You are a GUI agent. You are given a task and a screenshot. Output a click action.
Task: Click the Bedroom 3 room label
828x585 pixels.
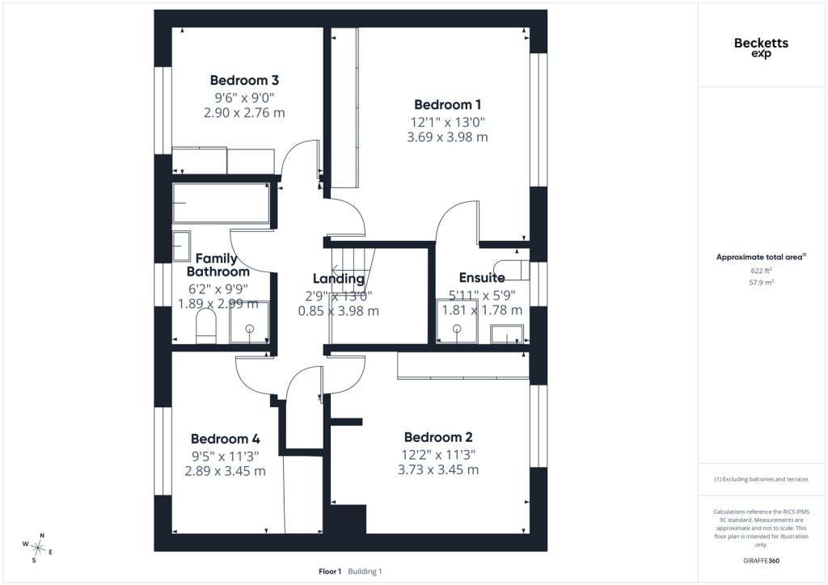coord(244,80)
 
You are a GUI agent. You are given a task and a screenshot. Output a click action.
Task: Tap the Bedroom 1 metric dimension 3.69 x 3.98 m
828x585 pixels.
coord(447,137)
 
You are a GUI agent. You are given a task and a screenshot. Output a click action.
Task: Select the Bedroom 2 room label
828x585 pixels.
coord(438,437)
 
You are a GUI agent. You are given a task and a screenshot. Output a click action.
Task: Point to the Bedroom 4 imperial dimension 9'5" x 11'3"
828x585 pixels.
coord(226,457)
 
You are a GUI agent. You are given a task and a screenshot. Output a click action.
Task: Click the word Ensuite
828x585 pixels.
coord(482,277)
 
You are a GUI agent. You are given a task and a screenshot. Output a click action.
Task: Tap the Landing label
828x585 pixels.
coord(339,279)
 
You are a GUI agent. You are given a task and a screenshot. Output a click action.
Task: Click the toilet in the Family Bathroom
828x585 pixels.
coord(206,326)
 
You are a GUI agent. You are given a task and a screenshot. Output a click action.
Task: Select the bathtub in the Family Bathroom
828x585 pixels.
coord(222,203)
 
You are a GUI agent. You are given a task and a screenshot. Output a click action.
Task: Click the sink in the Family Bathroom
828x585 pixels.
coord(181,246)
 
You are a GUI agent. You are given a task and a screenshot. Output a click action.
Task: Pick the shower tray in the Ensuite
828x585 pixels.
coord(457,322)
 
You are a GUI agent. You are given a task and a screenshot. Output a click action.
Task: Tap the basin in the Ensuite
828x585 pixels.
coord(507,334)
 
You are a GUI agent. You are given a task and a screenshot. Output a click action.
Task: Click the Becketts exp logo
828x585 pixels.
coord(761,48)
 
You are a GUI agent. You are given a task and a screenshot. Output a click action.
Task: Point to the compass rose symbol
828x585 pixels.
coord(37,548)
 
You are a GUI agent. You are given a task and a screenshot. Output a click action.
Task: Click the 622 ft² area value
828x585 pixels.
coord(761,271)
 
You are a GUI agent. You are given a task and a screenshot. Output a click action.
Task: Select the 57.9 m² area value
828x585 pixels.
coord(761,282)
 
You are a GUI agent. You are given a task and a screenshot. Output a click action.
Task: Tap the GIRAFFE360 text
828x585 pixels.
coord(761,561)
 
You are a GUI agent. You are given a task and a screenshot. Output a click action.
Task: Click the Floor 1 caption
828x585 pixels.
coord(330,571)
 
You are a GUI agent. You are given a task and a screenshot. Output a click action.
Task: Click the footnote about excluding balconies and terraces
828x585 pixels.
coord(761,479)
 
